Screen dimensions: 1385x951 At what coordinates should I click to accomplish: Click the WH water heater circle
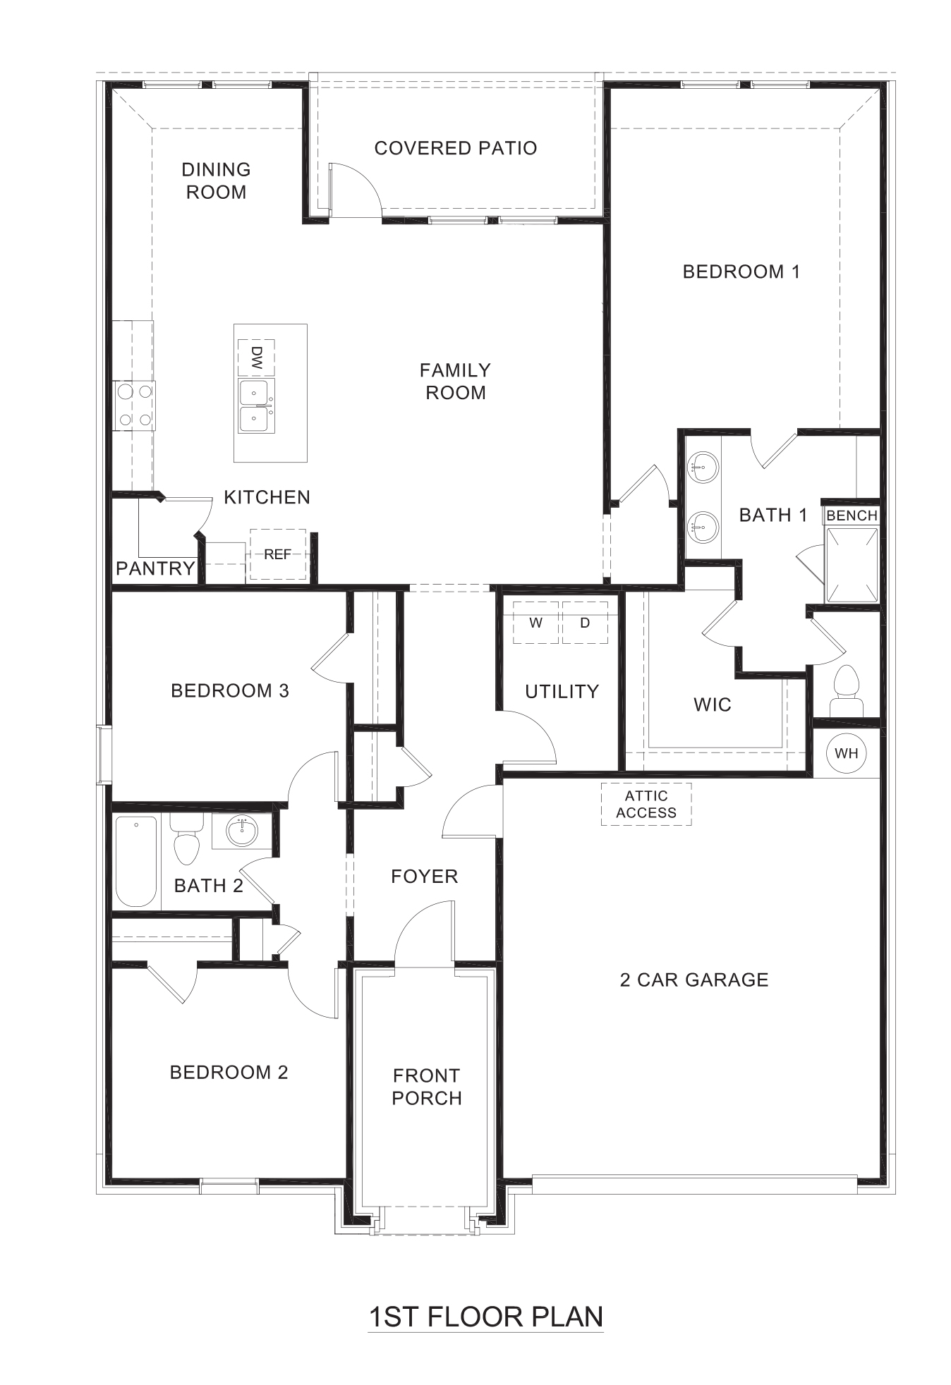pos(846,752)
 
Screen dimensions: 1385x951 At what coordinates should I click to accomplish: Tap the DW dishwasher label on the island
pos(256,358)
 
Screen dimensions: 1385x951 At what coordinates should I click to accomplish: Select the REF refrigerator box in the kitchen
pos(277,554)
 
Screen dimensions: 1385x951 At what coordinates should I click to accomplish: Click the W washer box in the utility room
pos(535,623)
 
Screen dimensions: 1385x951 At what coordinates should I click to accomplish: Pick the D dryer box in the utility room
pos(585,623)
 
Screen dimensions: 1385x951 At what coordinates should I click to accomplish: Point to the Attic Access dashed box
pos(646,804)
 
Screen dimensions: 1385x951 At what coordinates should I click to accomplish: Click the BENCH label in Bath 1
pos(852,515)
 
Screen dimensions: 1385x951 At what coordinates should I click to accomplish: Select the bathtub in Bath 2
pos(136,861)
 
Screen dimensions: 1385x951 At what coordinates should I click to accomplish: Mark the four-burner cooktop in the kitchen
pos(135,405)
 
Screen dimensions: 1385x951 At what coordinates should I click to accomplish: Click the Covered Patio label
pos(455,148)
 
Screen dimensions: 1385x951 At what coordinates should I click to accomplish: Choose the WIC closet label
pos(712,704)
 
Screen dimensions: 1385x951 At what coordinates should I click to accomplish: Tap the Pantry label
pos(155,568)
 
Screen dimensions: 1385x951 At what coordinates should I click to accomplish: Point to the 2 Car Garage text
pos(694,980)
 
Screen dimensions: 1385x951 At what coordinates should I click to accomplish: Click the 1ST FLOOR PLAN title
pos(485,1316)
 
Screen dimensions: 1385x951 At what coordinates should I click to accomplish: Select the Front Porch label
pos(426,1087)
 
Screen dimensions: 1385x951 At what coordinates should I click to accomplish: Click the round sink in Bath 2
pos(242,830)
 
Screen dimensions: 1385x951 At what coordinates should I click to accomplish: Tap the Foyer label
pos(424,876)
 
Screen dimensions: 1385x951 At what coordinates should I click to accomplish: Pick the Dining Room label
pos(216,181)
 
